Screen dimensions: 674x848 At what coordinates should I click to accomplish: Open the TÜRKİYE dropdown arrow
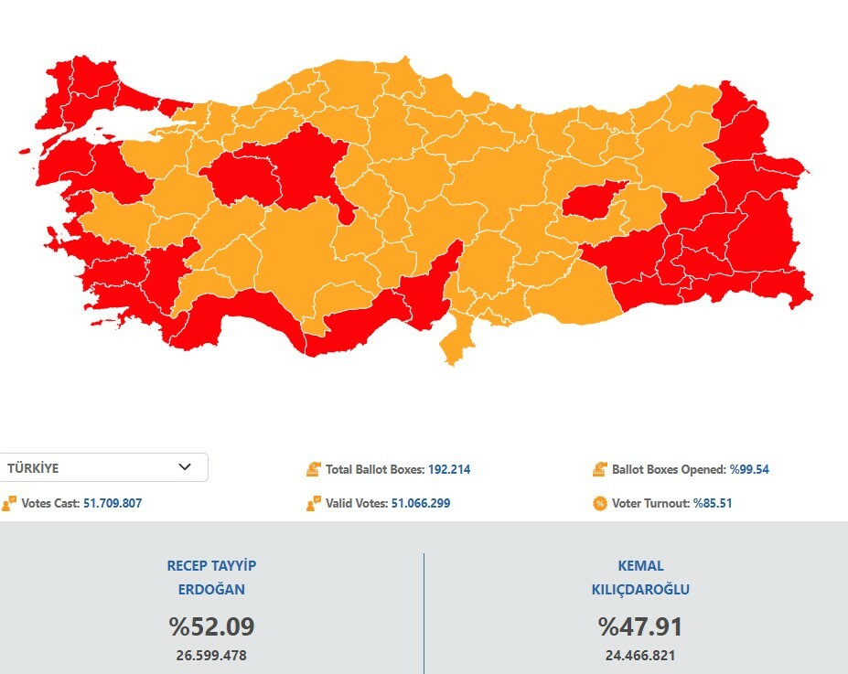coord(185,467)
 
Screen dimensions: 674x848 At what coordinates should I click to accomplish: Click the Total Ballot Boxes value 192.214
coord(449,469)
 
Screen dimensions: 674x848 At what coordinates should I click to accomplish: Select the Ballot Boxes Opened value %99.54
coord(749,469)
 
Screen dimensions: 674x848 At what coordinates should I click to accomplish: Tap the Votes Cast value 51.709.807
coord(113,503)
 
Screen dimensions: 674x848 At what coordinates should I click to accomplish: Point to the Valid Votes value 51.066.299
coord(421,503)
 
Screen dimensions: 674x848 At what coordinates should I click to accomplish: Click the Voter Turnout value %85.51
coord(713,503)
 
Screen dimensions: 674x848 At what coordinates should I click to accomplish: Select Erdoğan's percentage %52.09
coord(211,626)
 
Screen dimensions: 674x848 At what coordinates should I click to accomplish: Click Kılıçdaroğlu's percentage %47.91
coord(640,626)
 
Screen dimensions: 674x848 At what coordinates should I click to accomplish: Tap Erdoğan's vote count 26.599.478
coord(211,656)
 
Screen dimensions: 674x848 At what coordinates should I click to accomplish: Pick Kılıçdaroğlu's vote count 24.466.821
coord(640,656)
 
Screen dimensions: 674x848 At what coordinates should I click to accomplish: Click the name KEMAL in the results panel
coord(640,566)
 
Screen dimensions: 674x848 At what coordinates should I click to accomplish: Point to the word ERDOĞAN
coord(211,590)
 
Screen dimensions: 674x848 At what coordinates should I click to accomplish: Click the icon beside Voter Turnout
coord(600,503)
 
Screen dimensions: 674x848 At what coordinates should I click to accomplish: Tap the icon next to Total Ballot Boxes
coord(314,469)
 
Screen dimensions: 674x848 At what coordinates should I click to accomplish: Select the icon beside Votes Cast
coord(9,503)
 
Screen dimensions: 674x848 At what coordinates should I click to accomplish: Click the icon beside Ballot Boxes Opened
coord(600,469)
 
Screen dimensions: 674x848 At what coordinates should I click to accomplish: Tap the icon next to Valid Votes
coord(314,503)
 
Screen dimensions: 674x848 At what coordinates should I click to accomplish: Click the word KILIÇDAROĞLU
coord(640,590)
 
